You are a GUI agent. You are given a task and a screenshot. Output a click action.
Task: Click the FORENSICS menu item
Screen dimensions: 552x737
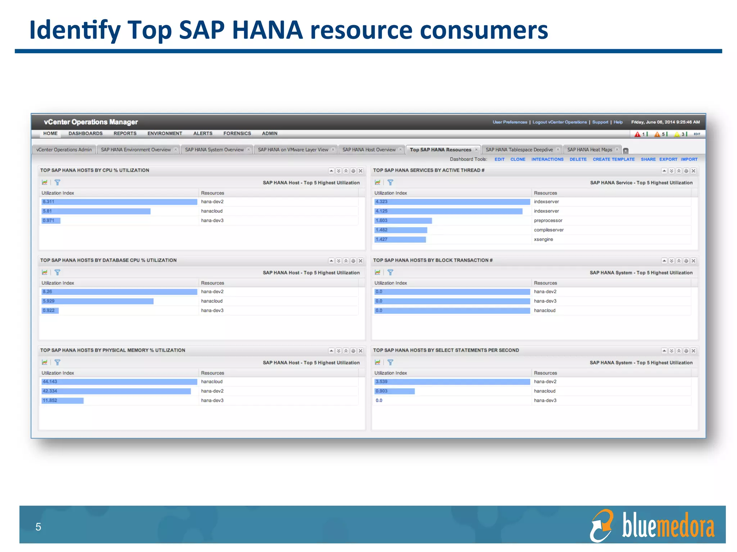237,133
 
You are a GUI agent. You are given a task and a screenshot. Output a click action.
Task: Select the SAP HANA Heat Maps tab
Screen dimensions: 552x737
589,150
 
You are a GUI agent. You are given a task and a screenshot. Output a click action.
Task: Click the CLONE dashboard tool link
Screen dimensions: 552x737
517,159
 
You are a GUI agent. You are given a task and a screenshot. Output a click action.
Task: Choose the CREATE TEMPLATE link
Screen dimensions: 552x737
613,159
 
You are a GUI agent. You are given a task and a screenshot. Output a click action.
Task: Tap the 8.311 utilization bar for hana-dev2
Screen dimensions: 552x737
119,202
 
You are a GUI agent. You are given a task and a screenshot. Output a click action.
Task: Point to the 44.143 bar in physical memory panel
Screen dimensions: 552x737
119,382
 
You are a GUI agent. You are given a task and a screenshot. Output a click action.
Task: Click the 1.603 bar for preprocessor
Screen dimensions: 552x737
403,221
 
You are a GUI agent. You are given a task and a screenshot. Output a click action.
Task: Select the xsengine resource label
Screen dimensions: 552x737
543,239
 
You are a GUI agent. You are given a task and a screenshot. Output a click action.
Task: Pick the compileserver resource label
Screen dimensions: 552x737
548,230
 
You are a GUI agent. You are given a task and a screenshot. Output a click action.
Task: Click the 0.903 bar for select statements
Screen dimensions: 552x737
394,391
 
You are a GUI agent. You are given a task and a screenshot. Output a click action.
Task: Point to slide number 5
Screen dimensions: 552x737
38,527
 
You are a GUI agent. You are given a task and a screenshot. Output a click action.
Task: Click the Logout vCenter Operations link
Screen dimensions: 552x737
559,122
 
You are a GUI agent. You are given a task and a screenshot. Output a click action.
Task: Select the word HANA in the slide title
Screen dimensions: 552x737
267,30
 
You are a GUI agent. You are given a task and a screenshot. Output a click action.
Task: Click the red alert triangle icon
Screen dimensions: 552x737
637,134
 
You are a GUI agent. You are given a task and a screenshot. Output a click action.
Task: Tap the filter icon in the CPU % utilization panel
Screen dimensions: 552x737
57,183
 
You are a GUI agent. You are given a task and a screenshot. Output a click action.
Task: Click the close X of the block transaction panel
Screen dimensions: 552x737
693,261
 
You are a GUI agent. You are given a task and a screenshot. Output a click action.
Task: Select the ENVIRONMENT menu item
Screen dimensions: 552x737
164,133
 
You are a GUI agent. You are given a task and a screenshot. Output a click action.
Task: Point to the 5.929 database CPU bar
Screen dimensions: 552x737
98,301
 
